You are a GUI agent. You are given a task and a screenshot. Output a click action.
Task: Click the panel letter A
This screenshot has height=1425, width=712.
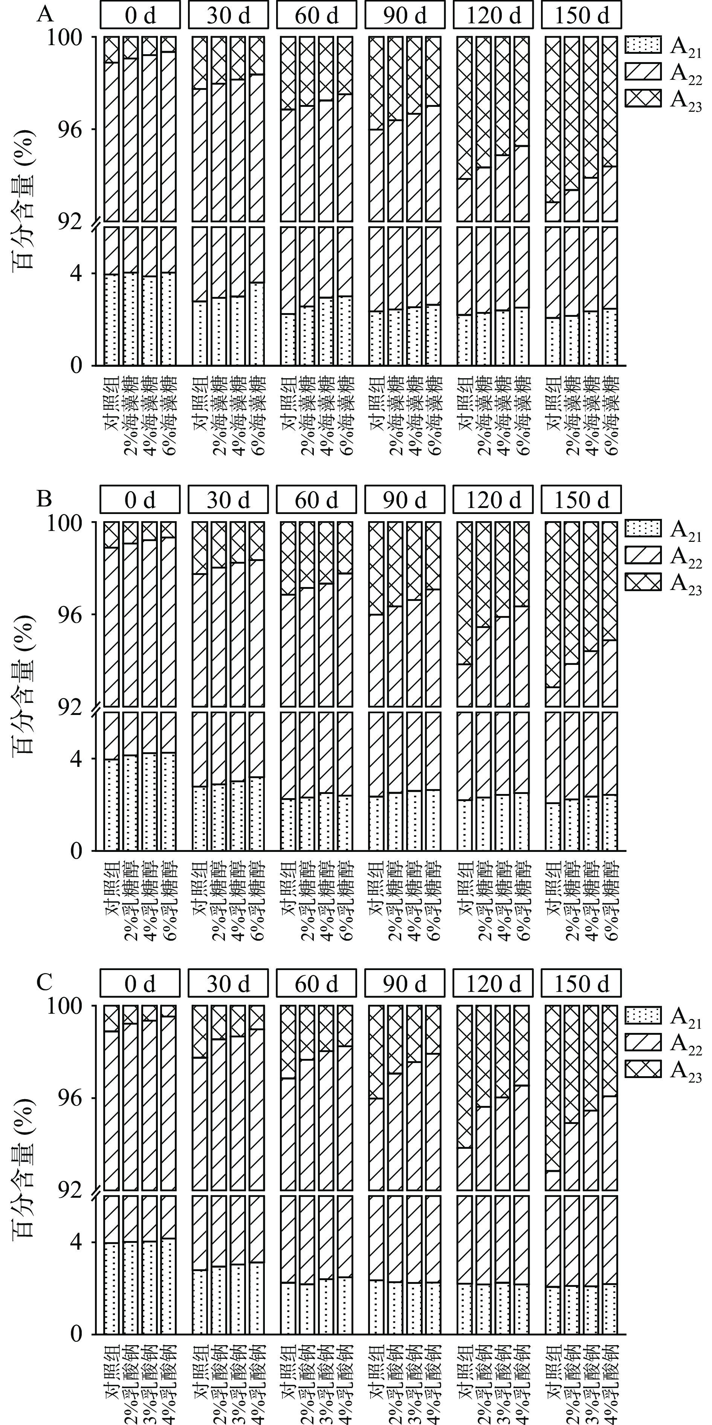tap(45, 14)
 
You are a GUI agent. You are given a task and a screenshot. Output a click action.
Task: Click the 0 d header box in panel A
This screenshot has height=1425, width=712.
tap(140, 15)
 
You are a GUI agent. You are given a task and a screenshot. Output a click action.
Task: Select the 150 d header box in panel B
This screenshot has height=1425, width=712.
tap(581, 500)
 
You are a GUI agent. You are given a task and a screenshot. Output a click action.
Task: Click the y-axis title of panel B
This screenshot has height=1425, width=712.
tap(23, 686)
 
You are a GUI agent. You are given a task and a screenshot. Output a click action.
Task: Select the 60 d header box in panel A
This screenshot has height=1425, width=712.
tap(316, 15)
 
